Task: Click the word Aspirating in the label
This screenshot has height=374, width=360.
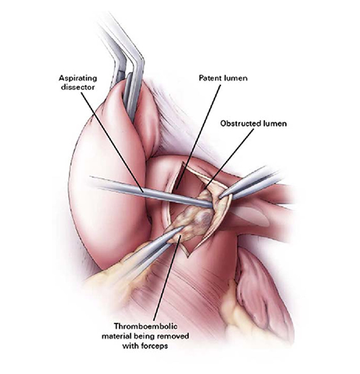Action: pos(78,79)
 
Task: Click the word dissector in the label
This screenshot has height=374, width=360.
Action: pos(78,87)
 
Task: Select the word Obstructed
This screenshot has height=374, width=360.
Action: pos(240,124)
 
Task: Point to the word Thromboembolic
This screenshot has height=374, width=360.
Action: pos(145,327)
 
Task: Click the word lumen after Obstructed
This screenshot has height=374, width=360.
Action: pos(275,124)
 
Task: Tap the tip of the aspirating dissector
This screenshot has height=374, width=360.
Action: pos(212,205)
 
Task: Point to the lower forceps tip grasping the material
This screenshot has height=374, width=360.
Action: pos(183,227)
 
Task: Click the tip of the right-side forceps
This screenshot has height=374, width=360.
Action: pos(220,197)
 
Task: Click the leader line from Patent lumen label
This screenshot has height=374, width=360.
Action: pos(198,137)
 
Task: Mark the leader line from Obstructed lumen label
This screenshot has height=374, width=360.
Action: pos(230,158)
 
